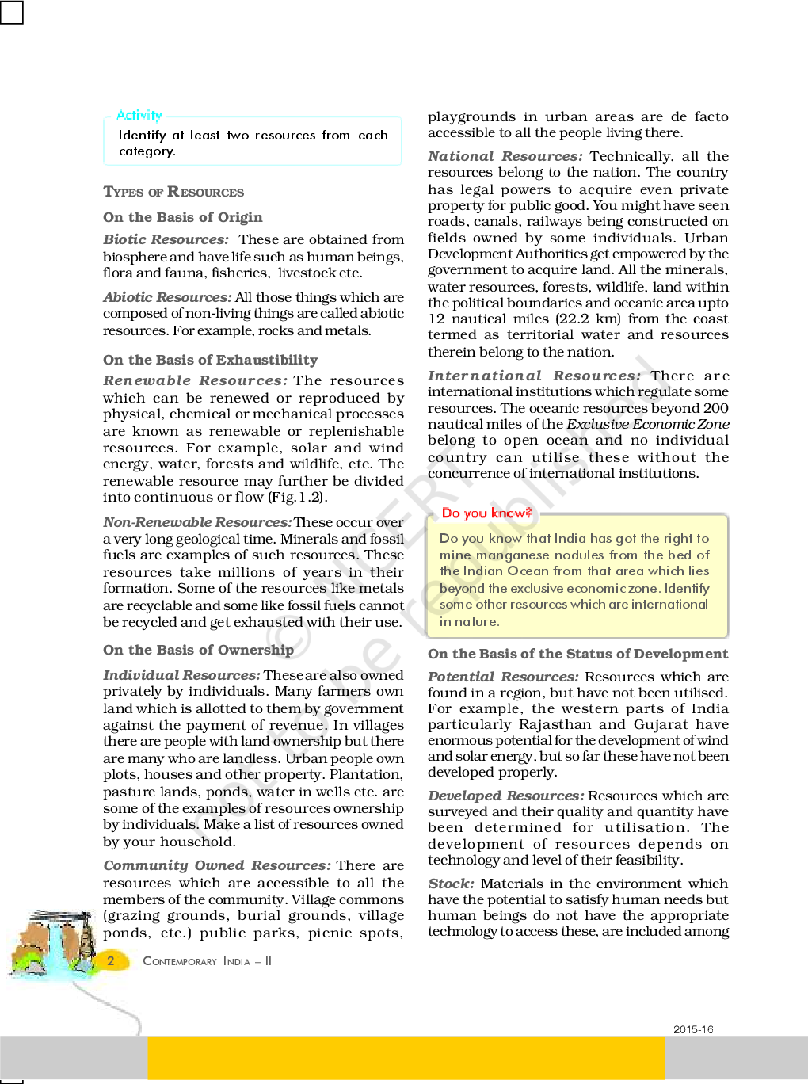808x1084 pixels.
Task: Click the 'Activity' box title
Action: click(139, 116)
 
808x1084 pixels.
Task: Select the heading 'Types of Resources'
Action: click(173, 192)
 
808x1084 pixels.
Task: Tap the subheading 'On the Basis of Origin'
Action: click(182, 217)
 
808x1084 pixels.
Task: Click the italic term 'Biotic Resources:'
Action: click(166, 239)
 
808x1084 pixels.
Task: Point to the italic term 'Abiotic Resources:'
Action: click(167, 297)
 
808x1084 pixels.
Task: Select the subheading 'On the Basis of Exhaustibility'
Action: click(210, 360)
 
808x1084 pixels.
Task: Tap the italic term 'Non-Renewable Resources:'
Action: click(197, 522)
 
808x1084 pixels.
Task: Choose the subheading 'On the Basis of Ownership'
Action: click(198, 650)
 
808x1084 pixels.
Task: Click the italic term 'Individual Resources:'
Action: click(181, 675)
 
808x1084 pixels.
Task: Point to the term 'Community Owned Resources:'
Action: click(216, 865)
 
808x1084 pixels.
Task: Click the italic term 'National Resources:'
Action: click(505, 156)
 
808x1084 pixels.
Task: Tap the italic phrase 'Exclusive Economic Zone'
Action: click(647, 424)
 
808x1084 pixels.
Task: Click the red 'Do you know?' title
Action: click(486, 513)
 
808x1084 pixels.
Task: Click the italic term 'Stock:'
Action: click(451, 884)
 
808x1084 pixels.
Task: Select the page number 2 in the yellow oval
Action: click(111, 961)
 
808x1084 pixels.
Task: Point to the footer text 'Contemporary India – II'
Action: click(207, 961)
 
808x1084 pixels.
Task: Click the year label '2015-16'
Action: click(693, 1029)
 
